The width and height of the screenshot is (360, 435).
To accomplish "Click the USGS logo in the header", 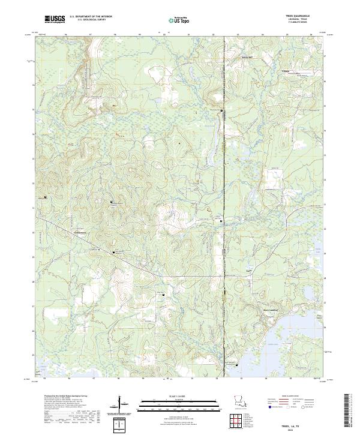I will point(55,19).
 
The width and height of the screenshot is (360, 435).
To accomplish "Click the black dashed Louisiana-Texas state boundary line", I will point(224,180).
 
